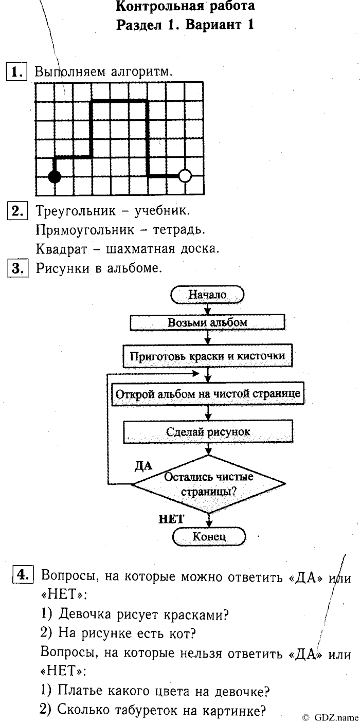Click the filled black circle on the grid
click(x=54, y=177)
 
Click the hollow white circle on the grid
click(x=185, y=176)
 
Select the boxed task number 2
click(x=17, y=211)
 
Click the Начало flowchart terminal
click(x=207, y=295)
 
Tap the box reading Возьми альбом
click(x=207, y=322)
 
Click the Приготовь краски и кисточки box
click(x=207, y=356)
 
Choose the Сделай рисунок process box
click(x=208, y=432)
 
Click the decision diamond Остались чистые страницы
click(x=208, y=483)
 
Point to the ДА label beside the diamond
click(x=143, y=466)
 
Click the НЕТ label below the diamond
click(x=171, y=519)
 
